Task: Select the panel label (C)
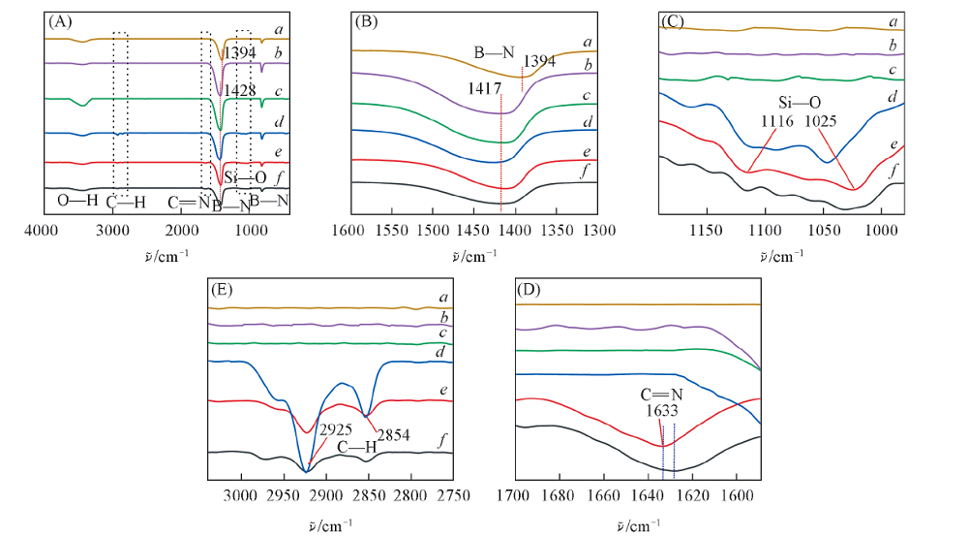pyautogui.click(x=674, y=20)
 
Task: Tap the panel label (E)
pyautogui.click(x=226, y=287)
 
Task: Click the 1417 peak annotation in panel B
pyautogui.click(x=484, y=87)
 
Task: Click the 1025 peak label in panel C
pyautogui.click(x=818, y=123)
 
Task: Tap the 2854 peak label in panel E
pyautogui.click(x=393, y=436)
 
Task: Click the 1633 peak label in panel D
pyautogui.click(x=662, y=410)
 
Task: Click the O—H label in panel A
pyautogui.click(x=77, y=201)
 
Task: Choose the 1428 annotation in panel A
pyautogui.click(x=240, y=90)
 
